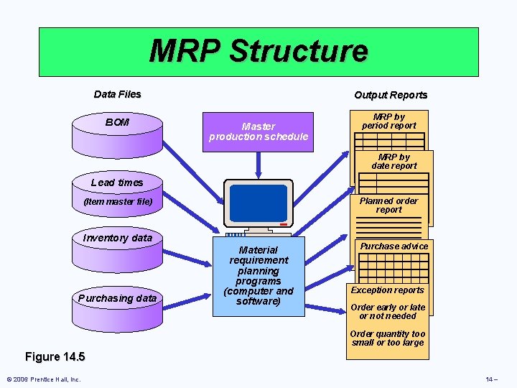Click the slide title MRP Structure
coord(258,51)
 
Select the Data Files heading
coord(118,94)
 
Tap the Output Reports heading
coord(391,95)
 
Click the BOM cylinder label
coord(117,122)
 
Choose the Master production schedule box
coord(258,131)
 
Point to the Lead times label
coord(117,183)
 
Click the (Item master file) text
coord(118,202)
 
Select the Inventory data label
coord(118,238)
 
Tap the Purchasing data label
coord(118,297)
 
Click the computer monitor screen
coord(258,203)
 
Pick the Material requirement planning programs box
coord(258,275)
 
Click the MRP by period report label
coord(389,121)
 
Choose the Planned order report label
coord(388,205)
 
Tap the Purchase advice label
coord(394,246)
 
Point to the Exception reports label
coord(388,290)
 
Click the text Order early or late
coord(388,308)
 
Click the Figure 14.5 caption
coord(55,356)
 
